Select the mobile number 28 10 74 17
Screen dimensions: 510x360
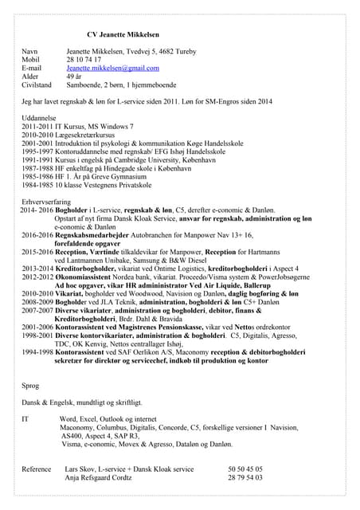83,59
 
